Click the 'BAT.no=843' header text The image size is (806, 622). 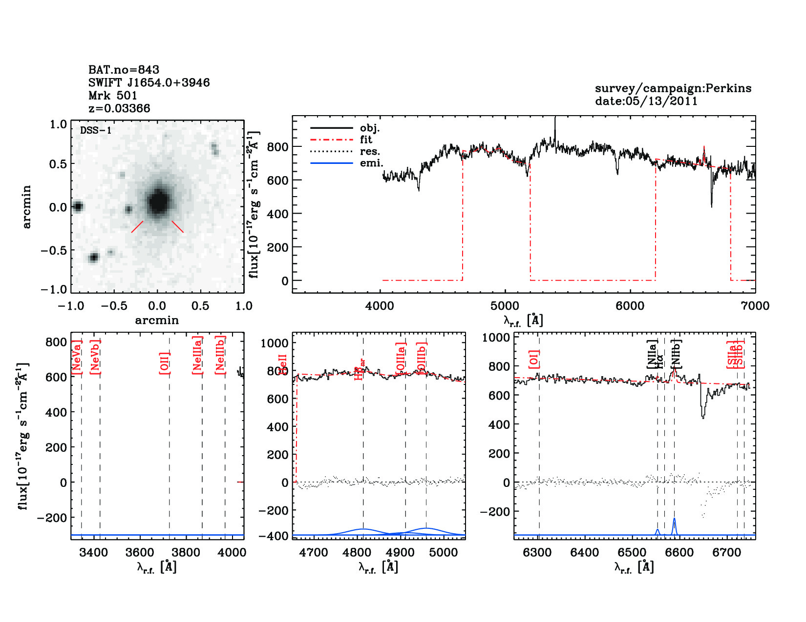pos(124,70)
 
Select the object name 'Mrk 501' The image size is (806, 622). pos(113,96)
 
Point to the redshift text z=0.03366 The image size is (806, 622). pos(119,108)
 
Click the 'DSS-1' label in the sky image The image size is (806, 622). pos(96,131)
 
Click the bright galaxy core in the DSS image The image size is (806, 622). pos(158,201)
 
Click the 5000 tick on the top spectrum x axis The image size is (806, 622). pos(505,306)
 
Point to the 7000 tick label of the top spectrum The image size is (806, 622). pos(755,306)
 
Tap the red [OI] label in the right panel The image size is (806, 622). pos(534,359)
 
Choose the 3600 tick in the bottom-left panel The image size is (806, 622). pos(140,553)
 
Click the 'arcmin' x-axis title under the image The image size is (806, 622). pos(157,321)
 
